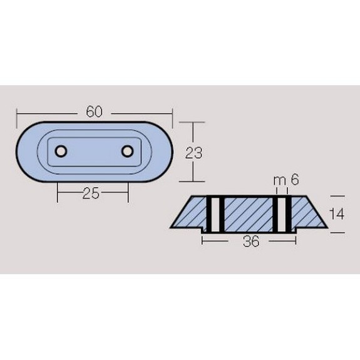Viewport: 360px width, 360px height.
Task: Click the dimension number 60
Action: coord(94,112)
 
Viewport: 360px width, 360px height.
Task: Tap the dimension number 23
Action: coord(194,153)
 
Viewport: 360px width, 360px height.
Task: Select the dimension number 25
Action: coord(91,193)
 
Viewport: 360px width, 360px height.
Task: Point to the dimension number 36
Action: coord(251,241)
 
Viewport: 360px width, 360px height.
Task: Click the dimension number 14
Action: coord(337,214)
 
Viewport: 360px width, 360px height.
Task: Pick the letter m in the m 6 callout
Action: coord(279,181)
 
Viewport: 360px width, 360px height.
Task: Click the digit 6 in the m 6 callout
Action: coord(295,179)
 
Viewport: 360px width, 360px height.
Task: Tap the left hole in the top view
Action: coord(61,152)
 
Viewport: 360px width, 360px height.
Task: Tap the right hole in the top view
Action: coord(127,152)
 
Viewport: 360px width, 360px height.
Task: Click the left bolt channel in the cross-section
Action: coord(215,214)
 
